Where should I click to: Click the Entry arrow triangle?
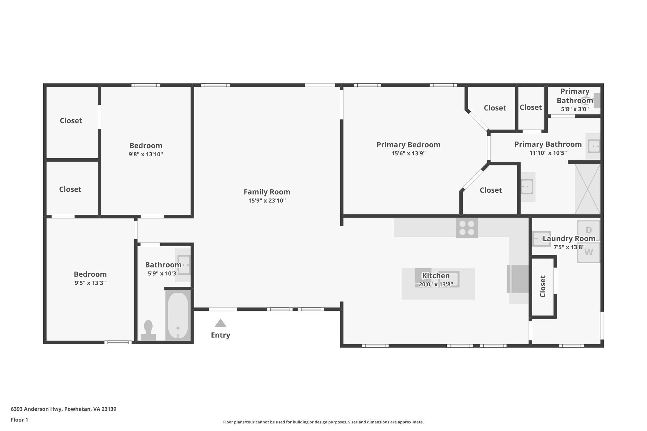[221, 323]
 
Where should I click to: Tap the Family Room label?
[267, 192]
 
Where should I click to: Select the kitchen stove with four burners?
[467, 228]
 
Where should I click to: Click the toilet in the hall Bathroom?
[148, 330]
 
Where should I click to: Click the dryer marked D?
[589, 230]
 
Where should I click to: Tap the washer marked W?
[589, 253]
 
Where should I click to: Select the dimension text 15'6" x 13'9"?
[408, 153]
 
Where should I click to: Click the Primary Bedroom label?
[408, 145]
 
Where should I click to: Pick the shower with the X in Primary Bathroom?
[587, 189]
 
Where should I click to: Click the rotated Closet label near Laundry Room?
[543, 286]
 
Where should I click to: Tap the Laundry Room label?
[569, 238]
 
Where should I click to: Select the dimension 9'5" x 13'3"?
[90, 283]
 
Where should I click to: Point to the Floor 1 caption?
[19, 420]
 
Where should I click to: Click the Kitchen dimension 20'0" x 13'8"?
[436, 284]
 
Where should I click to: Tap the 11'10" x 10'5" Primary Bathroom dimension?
[548, 153]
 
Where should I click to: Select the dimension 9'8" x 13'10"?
[146, 154]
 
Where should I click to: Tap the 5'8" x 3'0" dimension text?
[575, 109]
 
